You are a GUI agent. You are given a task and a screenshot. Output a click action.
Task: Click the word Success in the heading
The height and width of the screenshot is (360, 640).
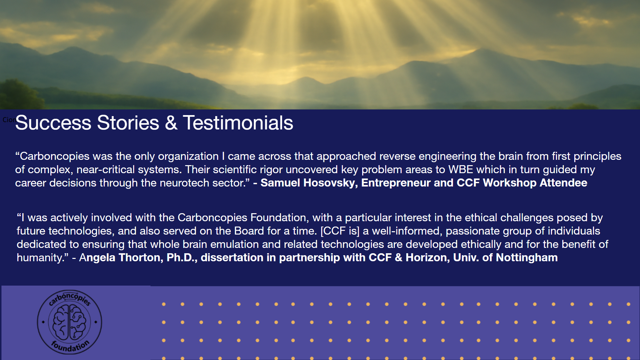(53, 123)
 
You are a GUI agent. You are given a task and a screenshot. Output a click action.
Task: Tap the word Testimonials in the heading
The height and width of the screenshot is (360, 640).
(238, 123)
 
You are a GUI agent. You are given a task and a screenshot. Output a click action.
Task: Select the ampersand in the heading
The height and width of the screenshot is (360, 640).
(171, 123)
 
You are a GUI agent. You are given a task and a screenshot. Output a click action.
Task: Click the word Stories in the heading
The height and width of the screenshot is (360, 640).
(128, 123)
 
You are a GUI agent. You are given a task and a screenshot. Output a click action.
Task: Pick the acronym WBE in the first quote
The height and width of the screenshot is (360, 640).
(461, 169)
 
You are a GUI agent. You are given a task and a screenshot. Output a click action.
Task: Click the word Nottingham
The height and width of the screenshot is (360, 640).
(527, 258)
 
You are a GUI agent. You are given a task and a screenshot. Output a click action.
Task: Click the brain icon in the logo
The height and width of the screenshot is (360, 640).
(69, 322)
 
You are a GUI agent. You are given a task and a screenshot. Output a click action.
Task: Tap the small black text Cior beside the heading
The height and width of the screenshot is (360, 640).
(9, 120)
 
